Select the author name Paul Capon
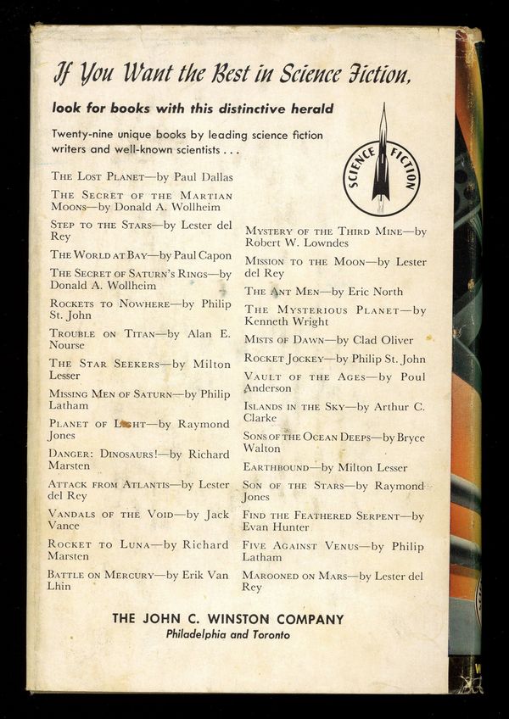(202, 254)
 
